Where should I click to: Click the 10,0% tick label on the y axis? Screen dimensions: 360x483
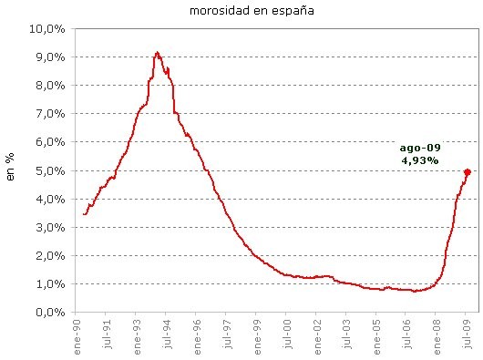[48, 28]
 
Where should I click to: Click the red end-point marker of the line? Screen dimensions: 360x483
[468, 171]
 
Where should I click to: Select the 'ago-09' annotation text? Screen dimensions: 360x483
[419, 148]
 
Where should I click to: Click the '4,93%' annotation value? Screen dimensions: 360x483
[419, 160]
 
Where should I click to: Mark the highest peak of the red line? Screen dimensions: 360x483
[158, 53]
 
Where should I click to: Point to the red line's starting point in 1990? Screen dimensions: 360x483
[83, 214]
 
